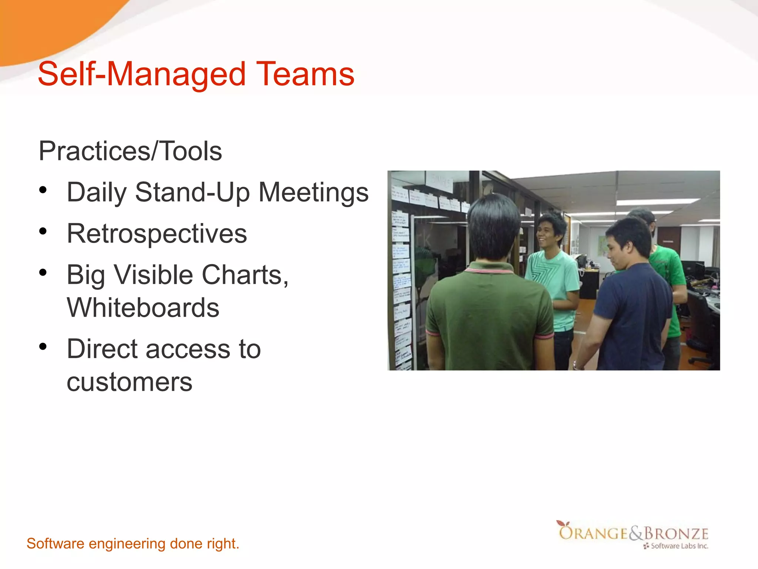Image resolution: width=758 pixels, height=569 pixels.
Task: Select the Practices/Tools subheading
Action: [x=130, y=151]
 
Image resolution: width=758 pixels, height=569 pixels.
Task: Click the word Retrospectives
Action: [x=157, y=234]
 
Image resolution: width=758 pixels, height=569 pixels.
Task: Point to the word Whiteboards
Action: [x=143, y=308]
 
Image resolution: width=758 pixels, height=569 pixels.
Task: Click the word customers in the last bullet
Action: [x=130, y=382]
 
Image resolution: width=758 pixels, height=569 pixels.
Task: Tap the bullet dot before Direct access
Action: [x=43, y=347]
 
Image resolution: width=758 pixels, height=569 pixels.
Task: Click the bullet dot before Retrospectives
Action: [x=43, y=232]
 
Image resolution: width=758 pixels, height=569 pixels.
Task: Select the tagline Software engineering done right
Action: [x=133, y=543]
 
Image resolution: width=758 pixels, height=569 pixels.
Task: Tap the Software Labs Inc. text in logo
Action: [x=679, y=546]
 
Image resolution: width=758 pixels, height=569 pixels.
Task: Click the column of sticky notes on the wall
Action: [x=401, y=289]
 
